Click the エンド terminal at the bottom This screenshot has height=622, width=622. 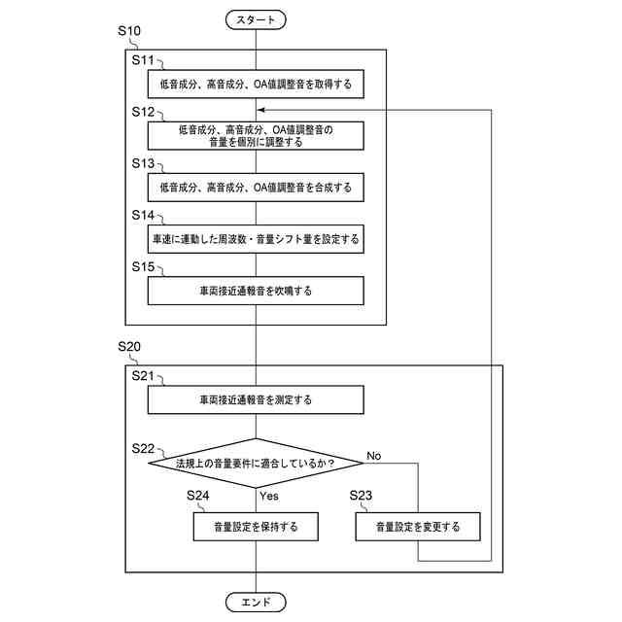[256, 602]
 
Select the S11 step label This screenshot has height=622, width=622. [144, 59]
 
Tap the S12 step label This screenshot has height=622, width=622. [144, 113]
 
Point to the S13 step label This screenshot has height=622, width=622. [144, 164]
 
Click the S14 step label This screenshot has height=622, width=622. [144, 215]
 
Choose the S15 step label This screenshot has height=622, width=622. [144, 265]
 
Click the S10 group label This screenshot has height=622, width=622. [128, 31]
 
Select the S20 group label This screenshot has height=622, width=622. [128, 346]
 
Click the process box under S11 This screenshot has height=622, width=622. [256, 85]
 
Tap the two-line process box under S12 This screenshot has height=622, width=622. [256, 136]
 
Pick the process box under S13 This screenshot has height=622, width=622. [256, 188]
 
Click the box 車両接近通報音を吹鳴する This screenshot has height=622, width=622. [256, 291]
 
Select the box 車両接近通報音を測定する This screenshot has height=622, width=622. [256, 399]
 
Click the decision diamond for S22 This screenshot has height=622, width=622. [256, 463]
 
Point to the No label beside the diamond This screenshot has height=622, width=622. [374, 455]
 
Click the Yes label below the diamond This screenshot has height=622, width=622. [269, 496]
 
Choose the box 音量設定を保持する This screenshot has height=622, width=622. [256, 528]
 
